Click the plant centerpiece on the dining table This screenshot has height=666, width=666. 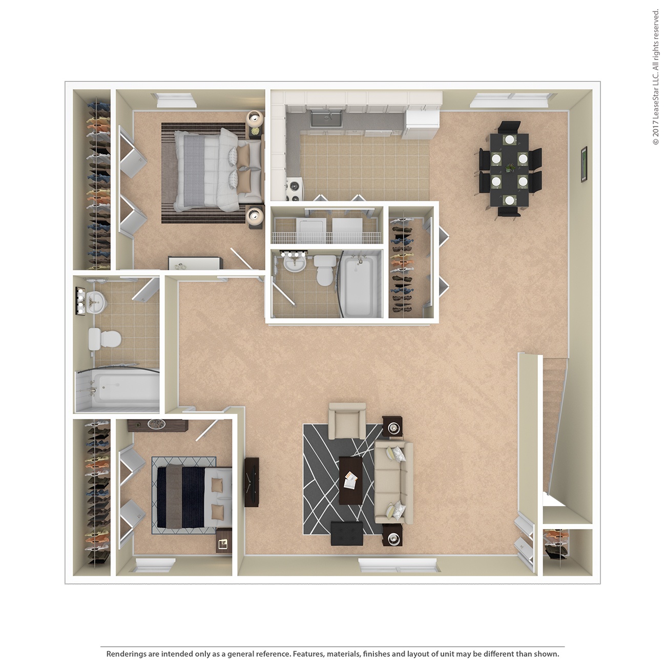tap(510, 167)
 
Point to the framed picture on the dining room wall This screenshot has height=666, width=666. tap(584, 163)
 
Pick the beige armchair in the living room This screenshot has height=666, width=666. tap(347, 421)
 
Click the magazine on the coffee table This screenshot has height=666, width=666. tap(351, 481)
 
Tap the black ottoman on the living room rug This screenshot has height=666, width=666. tap(347, 533)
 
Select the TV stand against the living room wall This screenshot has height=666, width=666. tap(251, 482)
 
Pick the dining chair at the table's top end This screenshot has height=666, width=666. tap(510, 127)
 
